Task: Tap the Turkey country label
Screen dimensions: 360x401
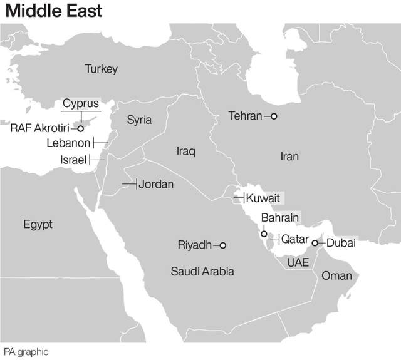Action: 101,69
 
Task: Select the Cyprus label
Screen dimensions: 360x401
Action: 80,103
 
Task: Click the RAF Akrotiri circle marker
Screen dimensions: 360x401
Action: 80,128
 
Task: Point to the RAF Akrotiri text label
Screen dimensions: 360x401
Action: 41,128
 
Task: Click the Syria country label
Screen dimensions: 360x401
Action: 139,120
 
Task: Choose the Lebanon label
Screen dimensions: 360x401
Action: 68,143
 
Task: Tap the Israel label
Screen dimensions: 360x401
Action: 73,160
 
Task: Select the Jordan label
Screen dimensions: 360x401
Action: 156,184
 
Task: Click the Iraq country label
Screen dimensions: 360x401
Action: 186,151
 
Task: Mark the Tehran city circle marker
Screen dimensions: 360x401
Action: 273,116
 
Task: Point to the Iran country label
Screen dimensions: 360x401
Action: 289,157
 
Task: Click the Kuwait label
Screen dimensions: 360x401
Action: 263,198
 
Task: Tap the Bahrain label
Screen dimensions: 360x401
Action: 280,218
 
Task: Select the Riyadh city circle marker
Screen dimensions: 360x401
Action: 222,245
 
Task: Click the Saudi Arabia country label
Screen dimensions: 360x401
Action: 202,271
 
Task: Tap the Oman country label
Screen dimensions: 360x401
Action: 336,275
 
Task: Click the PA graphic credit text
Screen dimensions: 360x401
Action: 26,352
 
